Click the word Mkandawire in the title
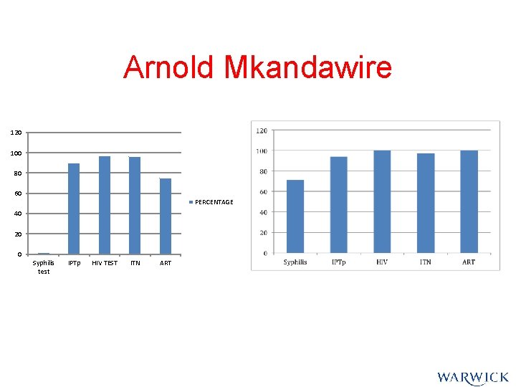(x=307, y=68)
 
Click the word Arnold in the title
(x=169, y=68)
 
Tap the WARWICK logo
(x=472, y=377)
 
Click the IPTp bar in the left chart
(x=74, y=209)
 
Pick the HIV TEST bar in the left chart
(x=105, y=205)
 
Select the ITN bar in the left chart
(x=135, y=206)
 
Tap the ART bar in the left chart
(x=166, y=216)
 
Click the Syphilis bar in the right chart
(x=295, y=216)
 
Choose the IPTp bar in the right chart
(x=338, y=204)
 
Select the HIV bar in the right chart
(x=382, y=201)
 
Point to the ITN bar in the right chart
(x=426, y=203)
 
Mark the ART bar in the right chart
(x=469, y=201)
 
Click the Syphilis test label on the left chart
(x=44, y=267)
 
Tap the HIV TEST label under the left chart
(x=105, y=263)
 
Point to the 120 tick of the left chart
(x=16, y=133)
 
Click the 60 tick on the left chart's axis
(x=17, y=193)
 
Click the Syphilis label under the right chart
(x=295, y=262)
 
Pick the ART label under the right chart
(x=469, y=262)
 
